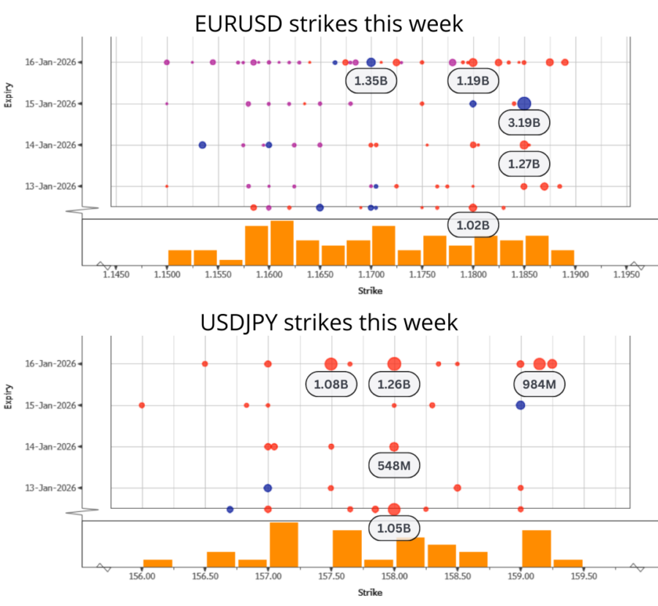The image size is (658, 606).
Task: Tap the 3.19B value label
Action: [525, 123]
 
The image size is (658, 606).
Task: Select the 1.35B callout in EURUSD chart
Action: [371, 81]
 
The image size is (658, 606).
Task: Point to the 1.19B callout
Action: [473, 81]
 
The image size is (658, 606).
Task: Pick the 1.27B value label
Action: [524, 164]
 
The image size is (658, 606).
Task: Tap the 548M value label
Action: [394, 465]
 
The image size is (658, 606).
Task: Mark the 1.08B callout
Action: [330, 383]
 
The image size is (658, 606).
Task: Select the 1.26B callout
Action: [394, 383]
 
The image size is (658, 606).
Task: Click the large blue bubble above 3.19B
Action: [524, 104]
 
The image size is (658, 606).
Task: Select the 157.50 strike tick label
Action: [331, 576]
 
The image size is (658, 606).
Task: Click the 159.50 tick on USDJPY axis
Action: [583, 576]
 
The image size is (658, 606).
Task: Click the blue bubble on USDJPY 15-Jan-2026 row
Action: [520, 405]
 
